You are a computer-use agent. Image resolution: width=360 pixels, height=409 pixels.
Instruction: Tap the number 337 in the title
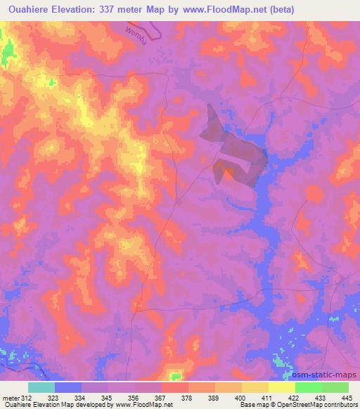(112, 9)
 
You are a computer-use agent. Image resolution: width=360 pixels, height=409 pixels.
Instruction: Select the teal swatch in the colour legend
(41, 387)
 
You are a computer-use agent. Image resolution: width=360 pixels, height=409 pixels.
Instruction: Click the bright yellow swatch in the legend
(281, 387)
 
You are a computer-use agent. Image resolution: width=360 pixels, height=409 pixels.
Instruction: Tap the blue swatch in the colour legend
(67, 387)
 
